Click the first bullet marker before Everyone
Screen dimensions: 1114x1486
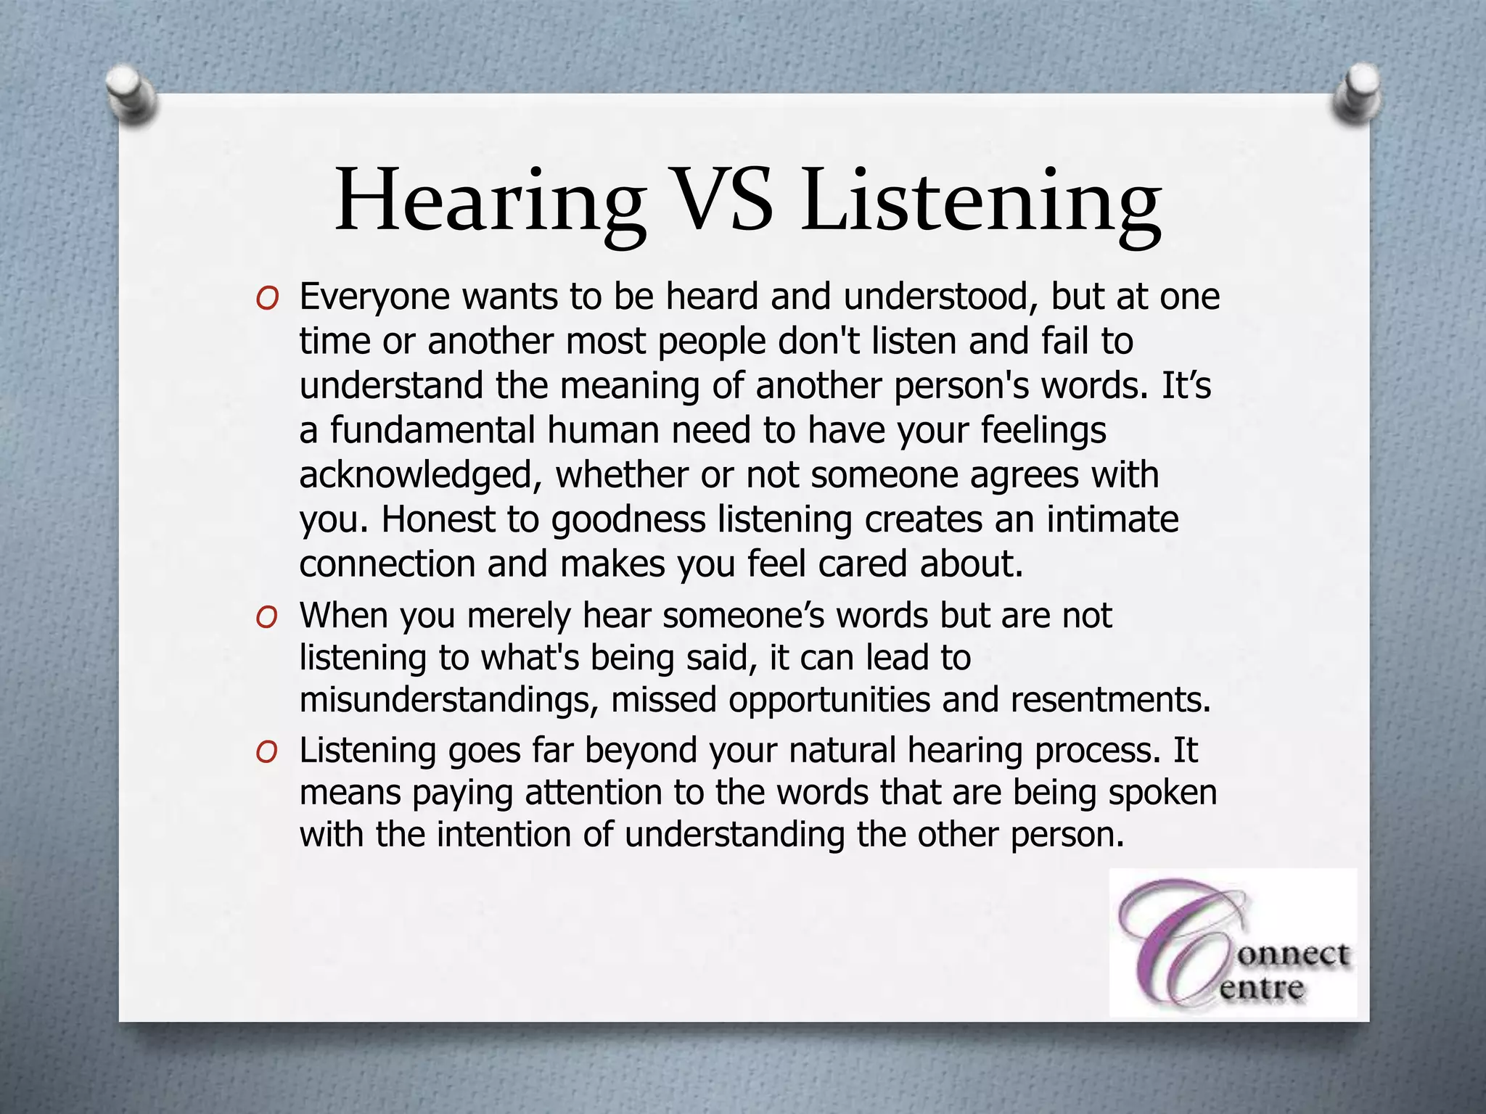[267, 299]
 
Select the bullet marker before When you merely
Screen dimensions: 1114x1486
[267, 617]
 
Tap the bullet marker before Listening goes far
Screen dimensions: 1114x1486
[267, 752]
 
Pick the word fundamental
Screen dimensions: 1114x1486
[432, 430]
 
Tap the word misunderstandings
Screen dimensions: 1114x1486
[449, 701]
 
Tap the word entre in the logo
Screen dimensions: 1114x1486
[1262, 988]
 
